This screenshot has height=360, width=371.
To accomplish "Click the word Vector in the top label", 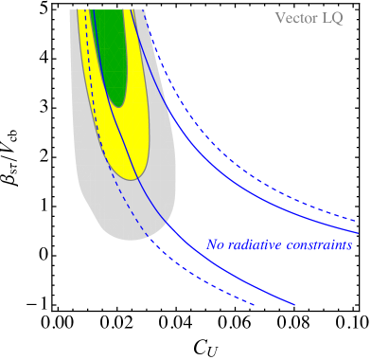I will point(295,18).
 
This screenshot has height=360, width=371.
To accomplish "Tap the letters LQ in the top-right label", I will point(333,18).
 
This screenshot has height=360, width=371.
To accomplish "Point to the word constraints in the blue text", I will point(321,244).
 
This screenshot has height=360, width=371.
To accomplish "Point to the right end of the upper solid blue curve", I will point(358,232).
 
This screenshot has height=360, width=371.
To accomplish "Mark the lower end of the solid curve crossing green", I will point(294,305).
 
